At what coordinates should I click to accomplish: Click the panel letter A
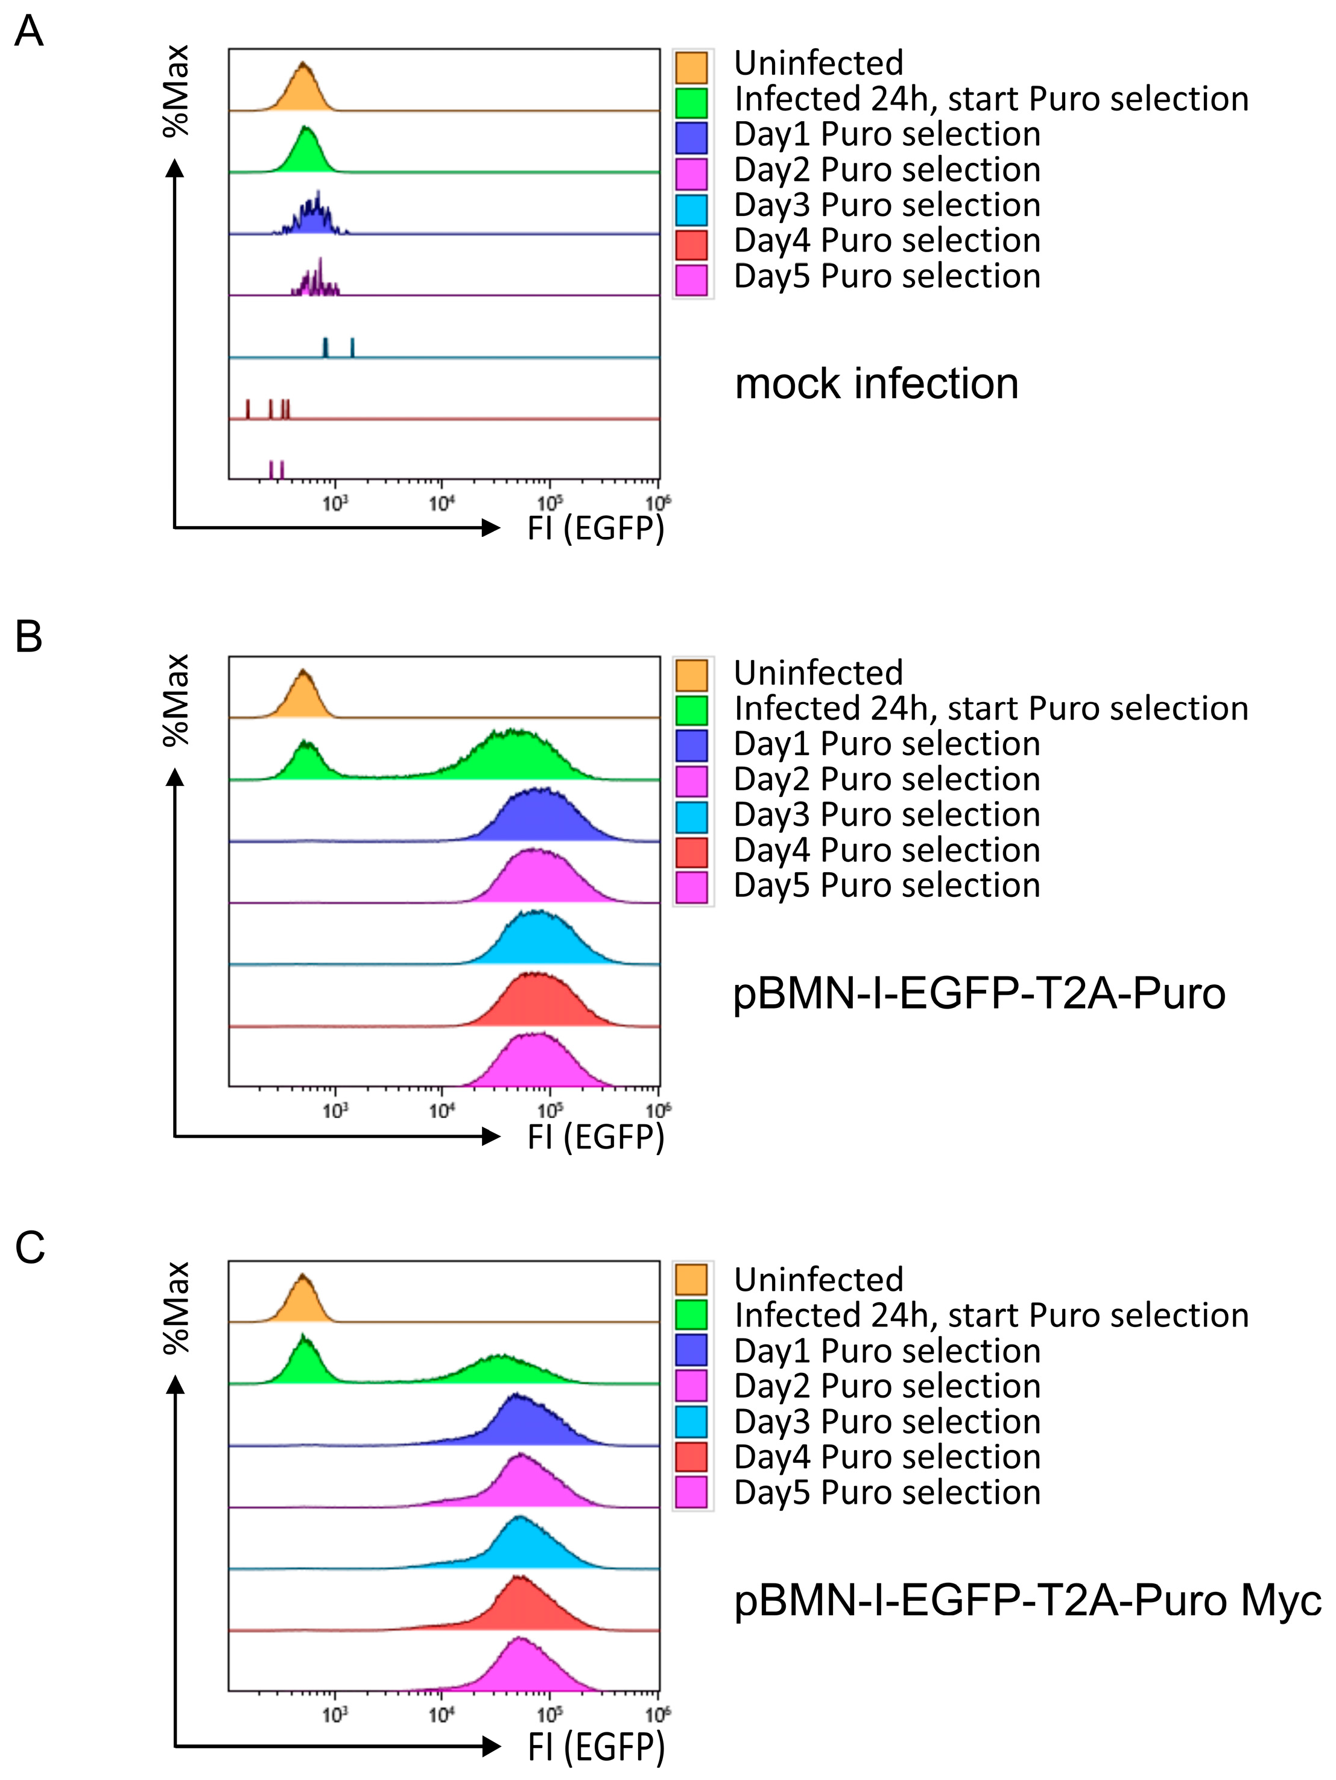click(29, 32)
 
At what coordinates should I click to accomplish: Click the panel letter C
click(30, 1247)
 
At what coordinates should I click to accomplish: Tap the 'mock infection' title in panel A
click(876, 384)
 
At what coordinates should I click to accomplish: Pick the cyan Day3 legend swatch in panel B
click(691, 817)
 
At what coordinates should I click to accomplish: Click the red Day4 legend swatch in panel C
click(691, 1457)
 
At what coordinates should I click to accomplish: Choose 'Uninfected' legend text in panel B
click(818, 673)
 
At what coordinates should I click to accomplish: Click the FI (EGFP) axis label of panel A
click(595, 528)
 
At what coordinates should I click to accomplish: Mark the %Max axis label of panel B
click(176, 700)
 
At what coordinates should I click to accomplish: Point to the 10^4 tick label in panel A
click(441, 504)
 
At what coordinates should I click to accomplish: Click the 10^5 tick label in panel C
click(549, 1714)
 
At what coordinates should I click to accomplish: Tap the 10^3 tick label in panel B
click(335, 1111)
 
